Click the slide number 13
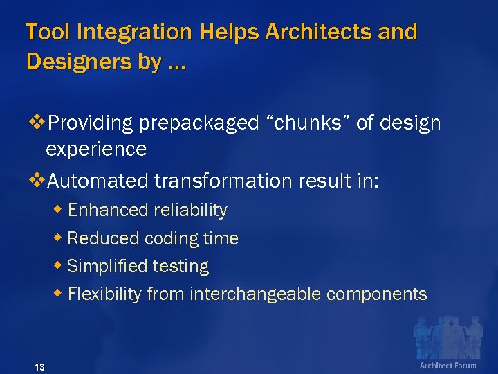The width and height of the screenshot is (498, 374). [39, 367]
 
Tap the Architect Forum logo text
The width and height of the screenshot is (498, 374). [448, 366]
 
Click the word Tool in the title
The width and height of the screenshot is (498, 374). [47, 33]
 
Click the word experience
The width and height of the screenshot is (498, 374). [95, 150]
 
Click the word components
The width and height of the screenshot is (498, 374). [377, 294]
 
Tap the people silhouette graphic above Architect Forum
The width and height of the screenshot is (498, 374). [446, 337]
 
